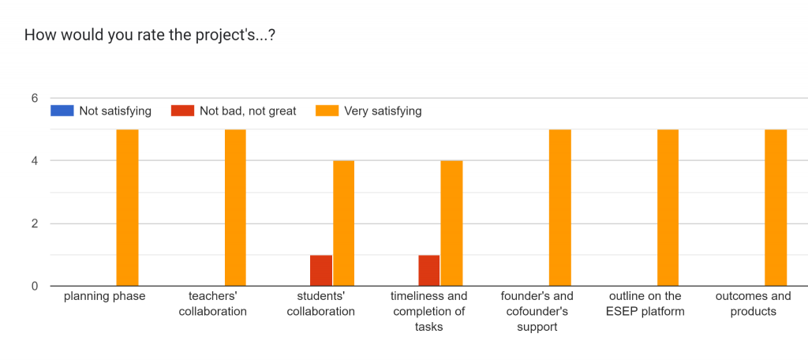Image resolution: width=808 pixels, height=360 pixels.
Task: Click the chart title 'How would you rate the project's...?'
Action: click(150, 35)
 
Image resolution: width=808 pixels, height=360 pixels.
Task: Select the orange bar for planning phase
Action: click(127, 208)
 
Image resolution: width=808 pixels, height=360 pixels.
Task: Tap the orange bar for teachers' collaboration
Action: click(235, 208)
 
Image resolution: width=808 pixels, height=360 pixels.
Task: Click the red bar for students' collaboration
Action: click(321, 270)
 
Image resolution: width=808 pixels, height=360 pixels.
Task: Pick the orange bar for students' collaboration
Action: click(343, 223)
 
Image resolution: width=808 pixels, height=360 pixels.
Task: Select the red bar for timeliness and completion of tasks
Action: click(429, 270)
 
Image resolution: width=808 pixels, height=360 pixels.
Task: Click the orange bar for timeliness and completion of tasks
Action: click(451, 223)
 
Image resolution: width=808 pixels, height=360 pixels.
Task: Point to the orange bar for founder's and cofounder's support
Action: click(559, 208)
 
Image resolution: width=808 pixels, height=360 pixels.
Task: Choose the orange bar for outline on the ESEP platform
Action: click(668, 208)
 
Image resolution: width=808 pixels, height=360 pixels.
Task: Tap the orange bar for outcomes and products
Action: click(776, 208)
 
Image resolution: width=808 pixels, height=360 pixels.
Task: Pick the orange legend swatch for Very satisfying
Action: click(326, 111)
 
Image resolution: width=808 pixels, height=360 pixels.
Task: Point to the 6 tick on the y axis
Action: click(35, 99)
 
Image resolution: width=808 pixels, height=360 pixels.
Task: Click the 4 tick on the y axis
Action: click(35, 161)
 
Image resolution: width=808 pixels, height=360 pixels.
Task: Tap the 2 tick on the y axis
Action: click(35, 223)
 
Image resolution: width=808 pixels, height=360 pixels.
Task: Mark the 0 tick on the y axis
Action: click(35, 286)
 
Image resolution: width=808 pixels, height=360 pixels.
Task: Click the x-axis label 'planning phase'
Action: click(105, 297)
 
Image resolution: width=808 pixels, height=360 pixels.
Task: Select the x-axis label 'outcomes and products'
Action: click(753, 304)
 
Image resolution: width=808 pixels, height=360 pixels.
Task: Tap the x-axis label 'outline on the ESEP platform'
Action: click(645, 304)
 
